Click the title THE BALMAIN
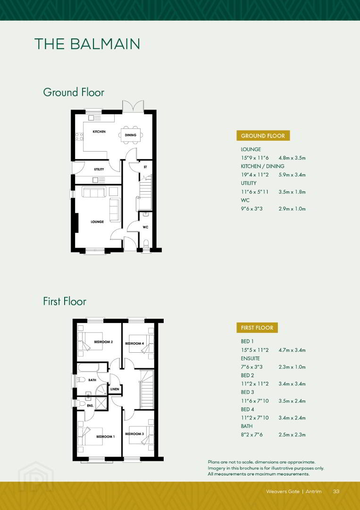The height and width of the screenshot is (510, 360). coord(87,44)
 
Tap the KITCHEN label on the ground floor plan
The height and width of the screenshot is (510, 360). coord(99,132)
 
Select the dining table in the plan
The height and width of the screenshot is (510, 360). coord(131,135)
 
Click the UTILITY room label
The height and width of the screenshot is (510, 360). coord(99,169)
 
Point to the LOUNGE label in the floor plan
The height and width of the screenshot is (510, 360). coord(97,222)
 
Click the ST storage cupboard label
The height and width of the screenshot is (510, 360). coord(145,167)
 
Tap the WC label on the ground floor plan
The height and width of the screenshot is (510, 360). coord(145,227)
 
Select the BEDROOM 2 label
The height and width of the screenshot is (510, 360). coord(103,342)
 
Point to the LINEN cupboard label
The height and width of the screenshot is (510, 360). coord(115,389)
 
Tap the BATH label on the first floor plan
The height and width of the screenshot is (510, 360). coord(92,380)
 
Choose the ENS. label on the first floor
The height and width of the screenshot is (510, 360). coord(90,406)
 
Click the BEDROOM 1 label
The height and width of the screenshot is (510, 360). coord(106,436)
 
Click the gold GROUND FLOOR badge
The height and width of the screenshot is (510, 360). coord(263,136)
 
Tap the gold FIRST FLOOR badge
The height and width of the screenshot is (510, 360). coord(257,328)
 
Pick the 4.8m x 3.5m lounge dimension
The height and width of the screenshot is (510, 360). coord(292,158)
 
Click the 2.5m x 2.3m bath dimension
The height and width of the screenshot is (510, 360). coord(292,434)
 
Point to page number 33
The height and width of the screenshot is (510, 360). coord(336,491)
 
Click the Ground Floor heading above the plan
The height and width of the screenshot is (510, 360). coord(74,92)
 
